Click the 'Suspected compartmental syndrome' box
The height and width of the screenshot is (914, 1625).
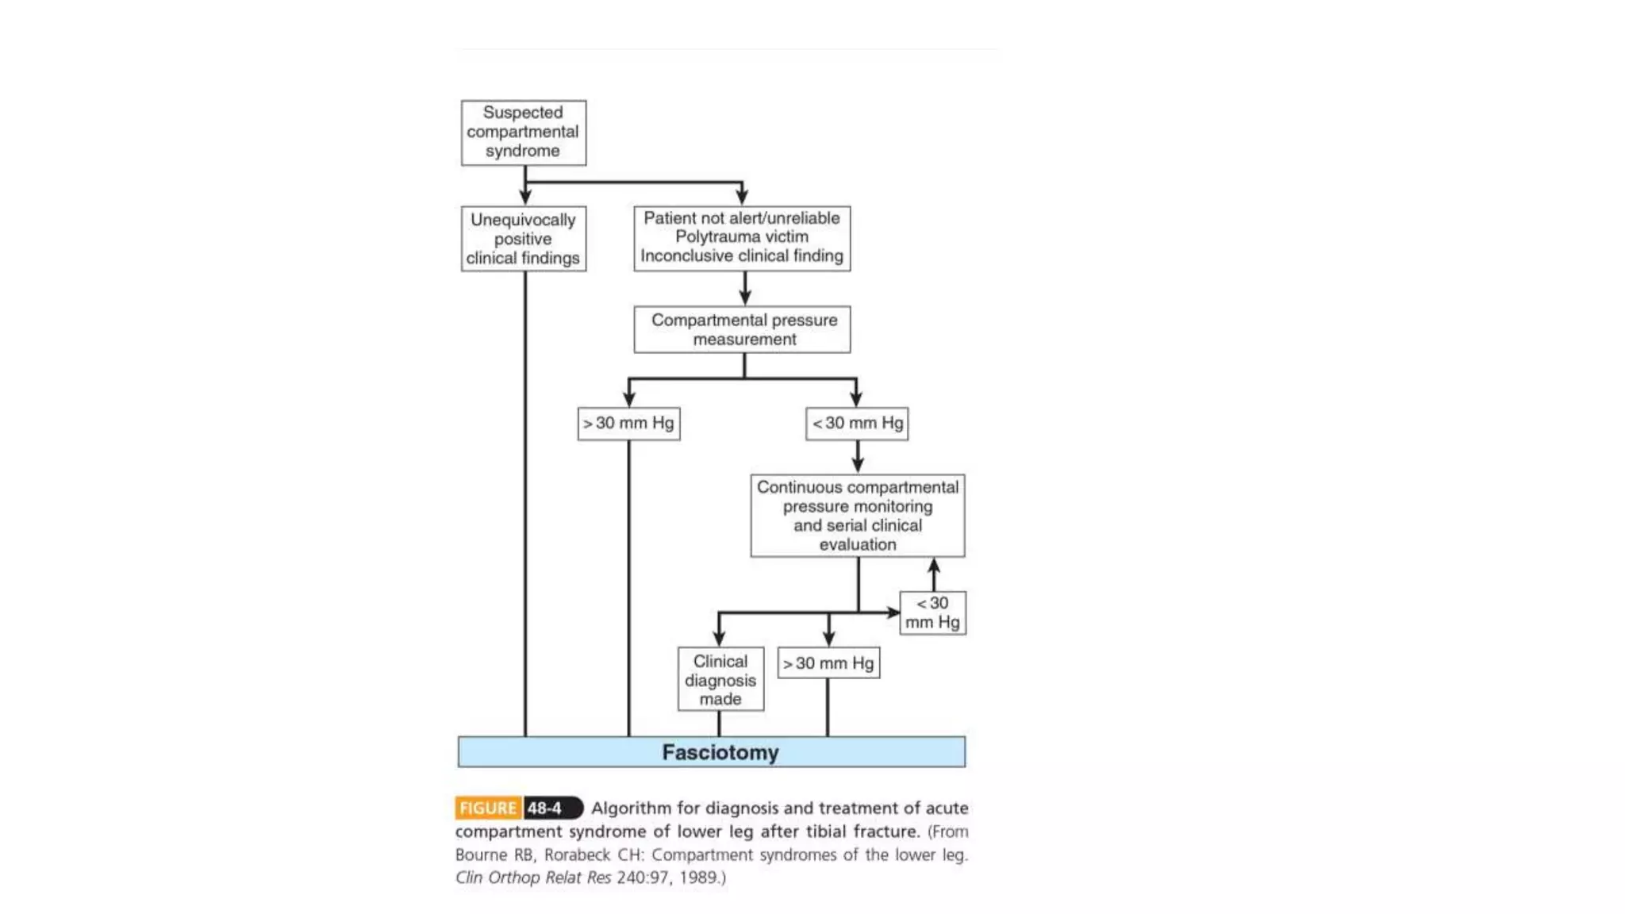coord(523,132)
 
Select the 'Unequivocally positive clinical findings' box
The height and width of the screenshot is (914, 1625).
coord(523,239)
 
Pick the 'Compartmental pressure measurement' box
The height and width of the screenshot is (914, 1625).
coord(743,329)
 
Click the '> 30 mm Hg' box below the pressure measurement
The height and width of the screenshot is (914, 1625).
coord(628,424)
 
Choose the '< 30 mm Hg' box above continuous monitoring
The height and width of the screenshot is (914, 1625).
coord(857,424)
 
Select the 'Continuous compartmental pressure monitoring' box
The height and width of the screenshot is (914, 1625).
coord(857,516)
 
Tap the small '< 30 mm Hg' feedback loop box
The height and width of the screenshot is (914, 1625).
coord(932,613)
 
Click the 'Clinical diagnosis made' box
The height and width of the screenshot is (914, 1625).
coord(720,680)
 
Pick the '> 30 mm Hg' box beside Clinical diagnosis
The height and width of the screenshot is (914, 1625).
coord(828,663)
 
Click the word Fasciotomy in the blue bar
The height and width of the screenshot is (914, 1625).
coord(720,752)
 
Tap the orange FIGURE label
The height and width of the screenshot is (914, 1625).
coord(488,808)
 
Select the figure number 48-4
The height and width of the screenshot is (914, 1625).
coord(545,808)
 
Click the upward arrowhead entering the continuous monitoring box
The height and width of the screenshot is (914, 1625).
coord(934,565)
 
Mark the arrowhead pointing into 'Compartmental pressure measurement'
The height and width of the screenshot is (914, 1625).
coord(744,298)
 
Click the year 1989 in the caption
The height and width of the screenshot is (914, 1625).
coord(698,878)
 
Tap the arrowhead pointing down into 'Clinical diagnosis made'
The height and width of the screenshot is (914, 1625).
coord(719,639)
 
